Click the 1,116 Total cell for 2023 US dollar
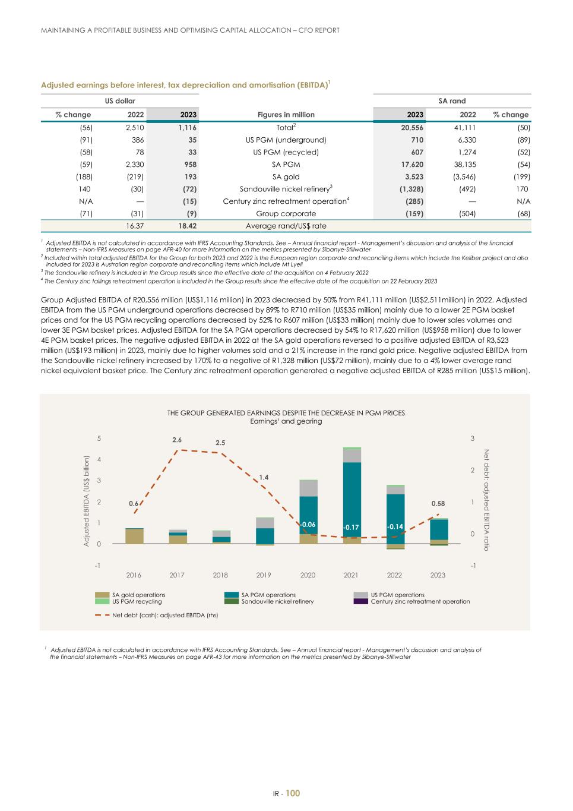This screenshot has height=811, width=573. pyautogui.click(x=187, y=127)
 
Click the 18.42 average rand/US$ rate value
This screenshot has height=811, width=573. pyautogui.click(x=187, y=226)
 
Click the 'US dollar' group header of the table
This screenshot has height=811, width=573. pyautogui.click(x=120, y=101)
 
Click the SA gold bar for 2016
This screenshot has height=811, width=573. pyautogui.click(x=134, y=536)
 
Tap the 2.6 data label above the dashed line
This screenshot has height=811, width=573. pyautogui.click(x=177, y=440)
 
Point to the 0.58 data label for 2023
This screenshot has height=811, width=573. pyautogui.click(x=438, y=503)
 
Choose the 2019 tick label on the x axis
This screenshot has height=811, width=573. pyautogui.click(x=264, y=575)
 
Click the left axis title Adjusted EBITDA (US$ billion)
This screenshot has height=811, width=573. pyautogui.click(x=86, y=501)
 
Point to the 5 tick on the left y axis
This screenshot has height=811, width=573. pyautogui.click(x=99, y=438)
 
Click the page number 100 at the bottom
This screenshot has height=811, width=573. pyautogui.click(x=293, y=793)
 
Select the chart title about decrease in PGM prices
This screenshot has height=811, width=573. pyautogui.click(x=286, y=413)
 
